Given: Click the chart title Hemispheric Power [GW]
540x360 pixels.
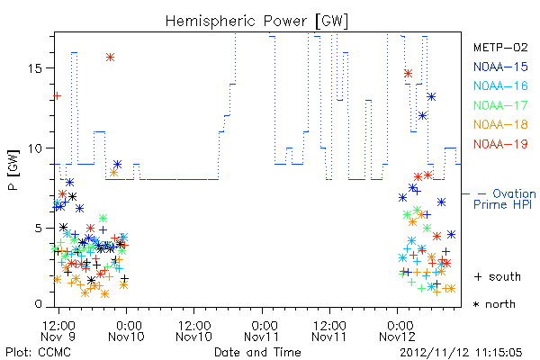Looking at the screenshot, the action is (x=256, y=22).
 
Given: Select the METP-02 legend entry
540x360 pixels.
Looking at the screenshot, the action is (x=500, y=47).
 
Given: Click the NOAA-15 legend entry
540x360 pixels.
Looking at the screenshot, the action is (x=500, y=67).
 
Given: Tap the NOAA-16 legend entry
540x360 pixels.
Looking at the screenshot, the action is (x=500, y=85).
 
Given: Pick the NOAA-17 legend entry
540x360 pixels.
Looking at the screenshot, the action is (x=500, y=105).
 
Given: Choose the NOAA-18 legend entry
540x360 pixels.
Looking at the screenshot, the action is (x=500, y=124).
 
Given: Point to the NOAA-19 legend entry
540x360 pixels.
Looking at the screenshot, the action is (x=500, y=144).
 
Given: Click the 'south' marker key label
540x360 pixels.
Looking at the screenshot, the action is (x=498, y=276).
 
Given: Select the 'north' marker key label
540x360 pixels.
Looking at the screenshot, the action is (x=494, y=304).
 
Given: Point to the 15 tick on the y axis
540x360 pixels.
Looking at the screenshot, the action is (x=35, y=68).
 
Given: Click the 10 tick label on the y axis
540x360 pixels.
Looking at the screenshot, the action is (x=35, y=148).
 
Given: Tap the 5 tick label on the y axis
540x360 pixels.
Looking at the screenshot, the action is (x=39, y=229).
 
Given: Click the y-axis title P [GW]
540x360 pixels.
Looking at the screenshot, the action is (x=13, y=169).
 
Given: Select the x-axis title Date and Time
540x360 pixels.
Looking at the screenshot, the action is (x=257, y=352).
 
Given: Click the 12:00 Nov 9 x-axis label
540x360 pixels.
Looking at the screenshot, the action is (x=58, y=330).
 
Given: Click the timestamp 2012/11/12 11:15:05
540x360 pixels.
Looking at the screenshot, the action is (x=461, y=353).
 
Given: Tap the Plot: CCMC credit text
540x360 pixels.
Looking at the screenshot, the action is (x=38, y=353).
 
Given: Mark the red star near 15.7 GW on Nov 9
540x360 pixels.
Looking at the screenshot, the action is (x=110, y=58).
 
